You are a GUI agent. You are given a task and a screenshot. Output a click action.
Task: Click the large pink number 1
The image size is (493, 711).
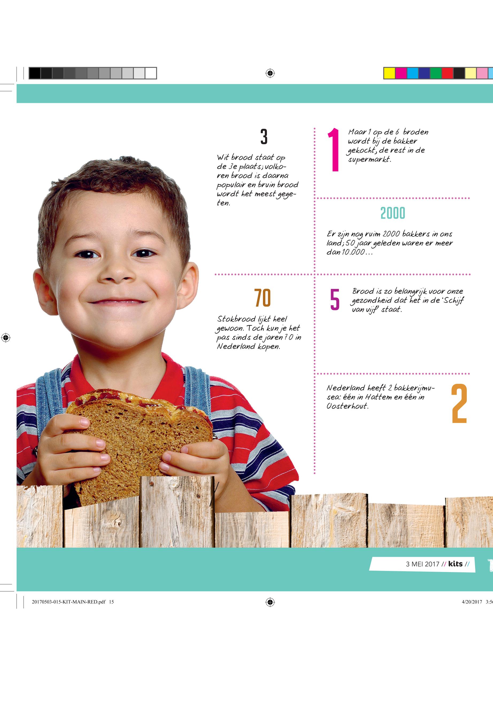pyautogui.click(x=334, y=150)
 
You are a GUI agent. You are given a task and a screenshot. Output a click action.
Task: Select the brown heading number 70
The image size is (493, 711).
pyautogui.click(x=263, y=298)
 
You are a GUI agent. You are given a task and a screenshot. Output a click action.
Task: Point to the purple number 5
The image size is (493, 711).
pyautogui.click(x=335, y=299)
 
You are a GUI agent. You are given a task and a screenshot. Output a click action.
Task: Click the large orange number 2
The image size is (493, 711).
pyautogui.click(x=459, y=404)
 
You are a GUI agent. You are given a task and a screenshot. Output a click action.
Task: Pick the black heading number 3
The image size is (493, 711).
pyautogui.click(x=264, y=137)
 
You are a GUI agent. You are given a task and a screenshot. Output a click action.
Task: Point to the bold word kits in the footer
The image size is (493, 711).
pyautogui.click(x=455, y=564)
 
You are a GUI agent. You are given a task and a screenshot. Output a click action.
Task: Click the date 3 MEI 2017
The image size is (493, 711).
pyautogui.click(x=422, y=564)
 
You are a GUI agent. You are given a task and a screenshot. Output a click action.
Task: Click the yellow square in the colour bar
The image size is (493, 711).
pyautogui.click(x=389, y=73)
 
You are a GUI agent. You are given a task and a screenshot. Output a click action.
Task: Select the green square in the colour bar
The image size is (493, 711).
pyautogui.click(x=436, y=73)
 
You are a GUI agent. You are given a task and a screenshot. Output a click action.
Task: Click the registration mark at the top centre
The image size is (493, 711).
pyautogui.click(x=270, y=73)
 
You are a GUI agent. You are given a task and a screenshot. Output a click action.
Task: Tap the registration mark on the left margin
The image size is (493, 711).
pyautogui.click(x=6, y=338)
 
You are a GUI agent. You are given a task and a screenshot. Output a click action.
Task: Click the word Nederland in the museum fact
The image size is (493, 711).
pyautogui.click(x=346, y=388)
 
